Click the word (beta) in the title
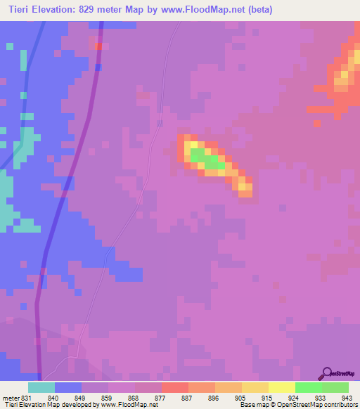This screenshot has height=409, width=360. [x=259, y=9]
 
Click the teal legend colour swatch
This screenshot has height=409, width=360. [x=41, y=387]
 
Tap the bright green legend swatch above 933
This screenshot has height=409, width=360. [x=309, y=387]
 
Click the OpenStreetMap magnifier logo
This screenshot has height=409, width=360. [x=326, y=373]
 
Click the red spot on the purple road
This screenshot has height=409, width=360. [x=99, y=46]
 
